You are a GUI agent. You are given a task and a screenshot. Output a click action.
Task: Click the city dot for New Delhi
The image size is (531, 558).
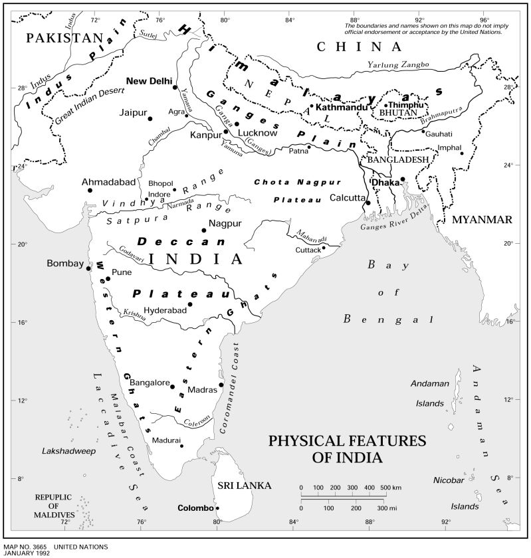(175, 87)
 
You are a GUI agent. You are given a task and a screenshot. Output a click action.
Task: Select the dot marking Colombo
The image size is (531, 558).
(217, 508)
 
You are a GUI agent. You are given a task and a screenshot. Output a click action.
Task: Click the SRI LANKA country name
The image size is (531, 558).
(245, 486)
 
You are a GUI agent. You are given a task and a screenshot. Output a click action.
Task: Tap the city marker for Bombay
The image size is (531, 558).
(89, 267)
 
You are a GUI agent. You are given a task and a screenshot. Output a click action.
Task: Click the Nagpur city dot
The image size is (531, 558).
(204, 230)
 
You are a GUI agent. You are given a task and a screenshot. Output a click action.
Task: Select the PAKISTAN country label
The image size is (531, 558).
(66, 38)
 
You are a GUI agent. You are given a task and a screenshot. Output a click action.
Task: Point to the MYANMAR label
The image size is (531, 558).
(481, 220)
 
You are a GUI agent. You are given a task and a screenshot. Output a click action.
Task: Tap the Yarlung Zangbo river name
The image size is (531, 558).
(397, 64)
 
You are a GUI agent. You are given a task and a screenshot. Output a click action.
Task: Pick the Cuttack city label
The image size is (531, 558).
(308, 250)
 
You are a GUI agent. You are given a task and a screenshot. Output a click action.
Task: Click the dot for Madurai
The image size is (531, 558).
(181, 446)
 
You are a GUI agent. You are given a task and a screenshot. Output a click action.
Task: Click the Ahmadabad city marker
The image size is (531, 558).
(90, 191)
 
